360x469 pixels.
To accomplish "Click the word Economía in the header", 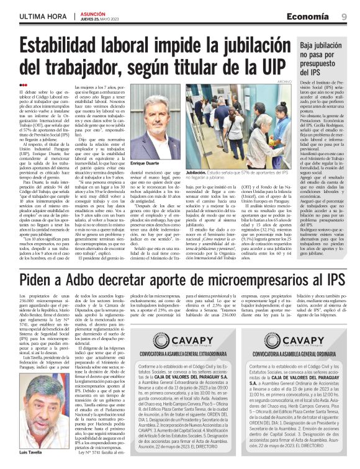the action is tap(315, 17).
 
